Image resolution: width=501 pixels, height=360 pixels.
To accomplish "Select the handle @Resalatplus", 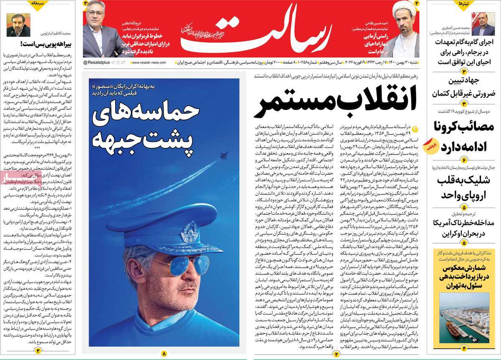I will coord(97,62).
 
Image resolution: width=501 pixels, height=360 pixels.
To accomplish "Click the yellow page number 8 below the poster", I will coord(164,353).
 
